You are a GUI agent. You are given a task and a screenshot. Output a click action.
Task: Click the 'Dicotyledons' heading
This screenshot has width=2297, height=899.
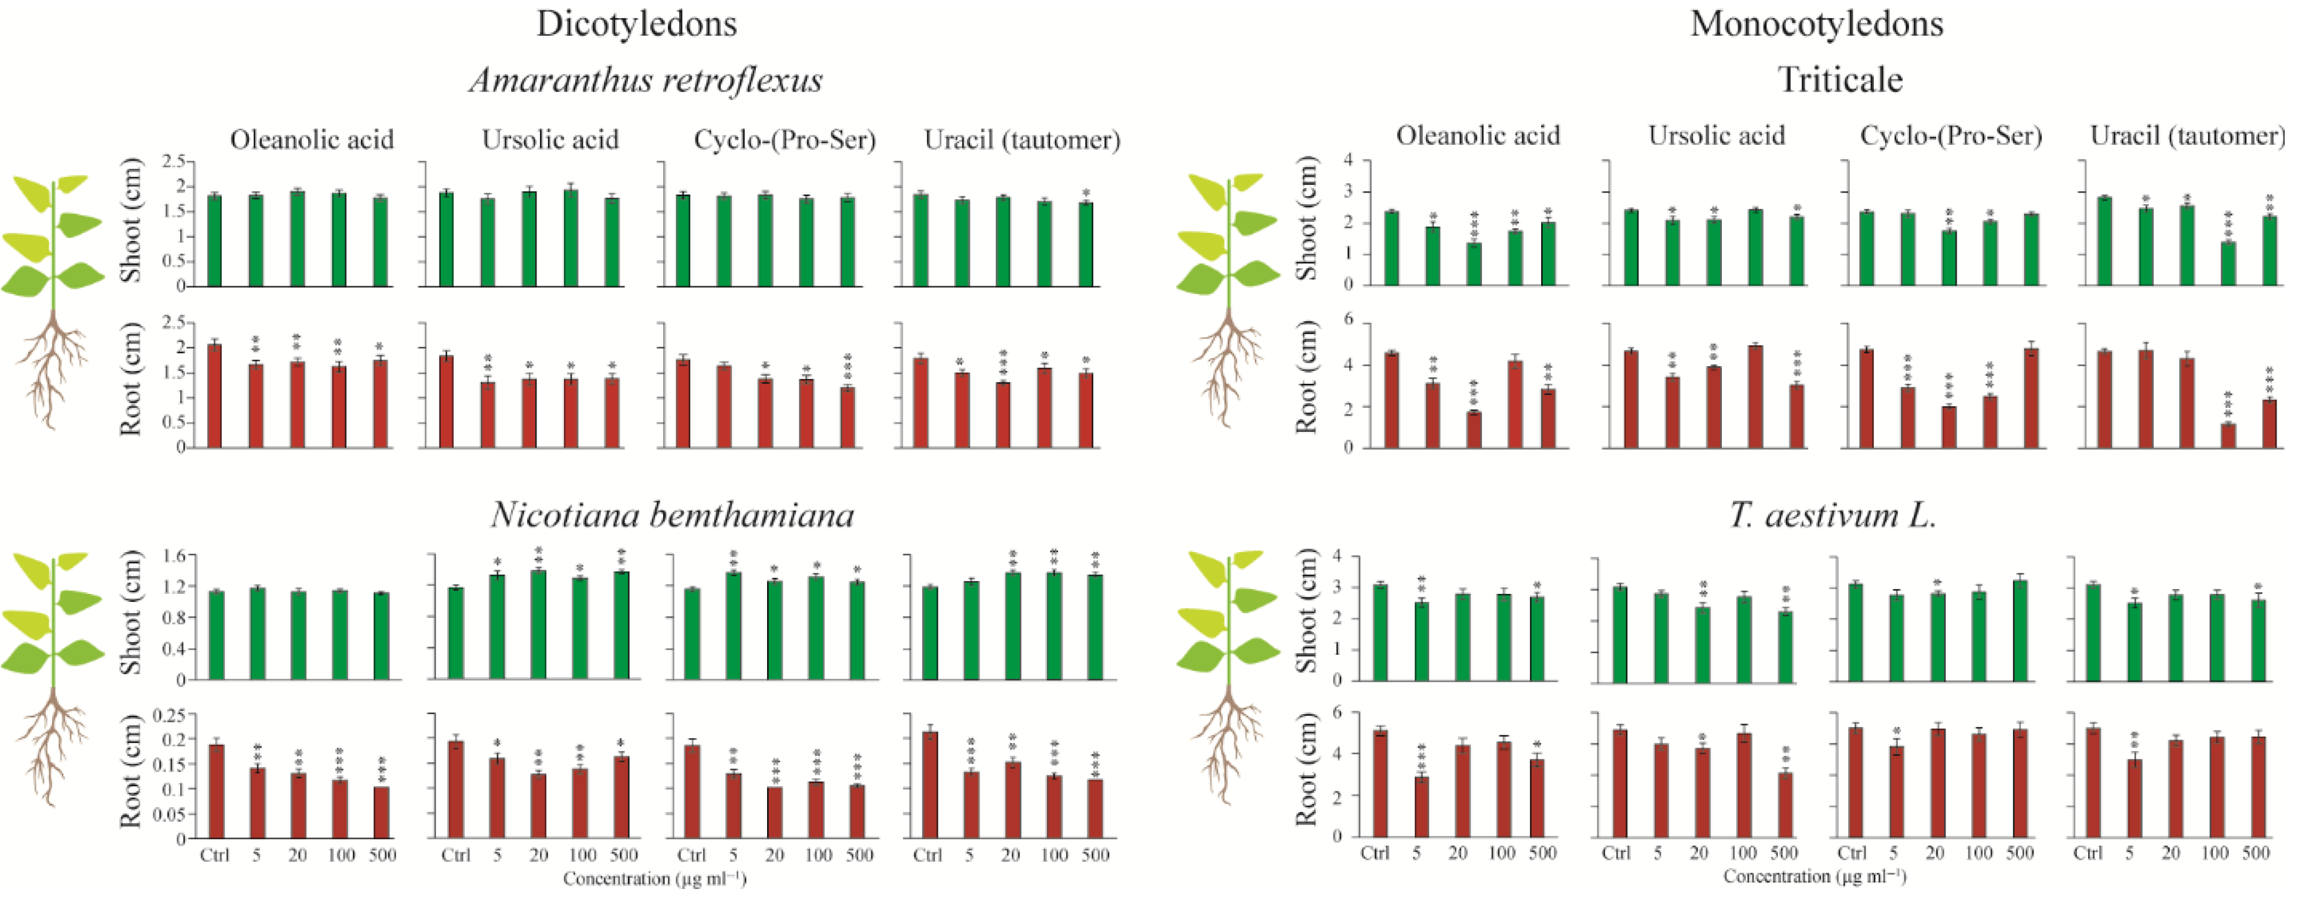coord(637,24)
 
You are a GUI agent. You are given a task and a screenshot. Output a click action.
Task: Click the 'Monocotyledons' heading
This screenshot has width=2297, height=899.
coord(1816,24)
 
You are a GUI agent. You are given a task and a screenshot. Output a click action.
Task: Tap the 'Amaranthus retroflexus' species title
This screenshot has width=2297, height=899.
coord(646,81)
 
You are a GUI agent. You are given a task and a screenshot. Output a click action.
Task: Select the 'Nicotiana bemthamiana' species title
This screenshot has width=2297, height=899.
coord(673,515)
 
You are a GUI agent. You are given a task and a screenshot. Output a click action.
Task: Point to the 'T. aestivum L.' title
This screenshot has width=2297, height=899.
coord(1832,515)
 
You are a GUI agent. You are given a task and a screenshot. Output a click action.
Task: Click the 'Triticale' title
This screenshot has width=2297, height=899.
coord(1840,81)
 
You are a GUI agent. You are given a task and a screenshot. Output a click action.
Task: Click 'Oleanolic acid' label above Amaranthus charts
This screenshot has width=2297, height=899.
coord(311,140)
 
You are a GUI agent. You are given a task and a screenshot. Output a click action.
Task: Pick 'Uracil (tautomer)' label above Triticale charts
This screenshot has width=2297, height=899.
coord(2187,137)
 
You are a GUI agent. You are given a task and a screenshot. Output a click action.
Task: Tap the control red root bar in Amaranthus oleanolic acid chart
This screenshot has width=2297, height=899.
coord(214,397)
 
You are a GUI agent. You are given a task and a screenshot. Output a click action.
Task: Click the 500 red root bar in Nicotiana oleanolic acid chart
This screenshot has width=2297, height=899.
coord(381,813)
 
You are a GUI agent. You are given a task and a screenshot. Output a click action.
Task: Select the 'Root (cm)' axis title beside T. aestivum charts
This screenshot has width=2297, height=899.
coord(1306,769)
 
